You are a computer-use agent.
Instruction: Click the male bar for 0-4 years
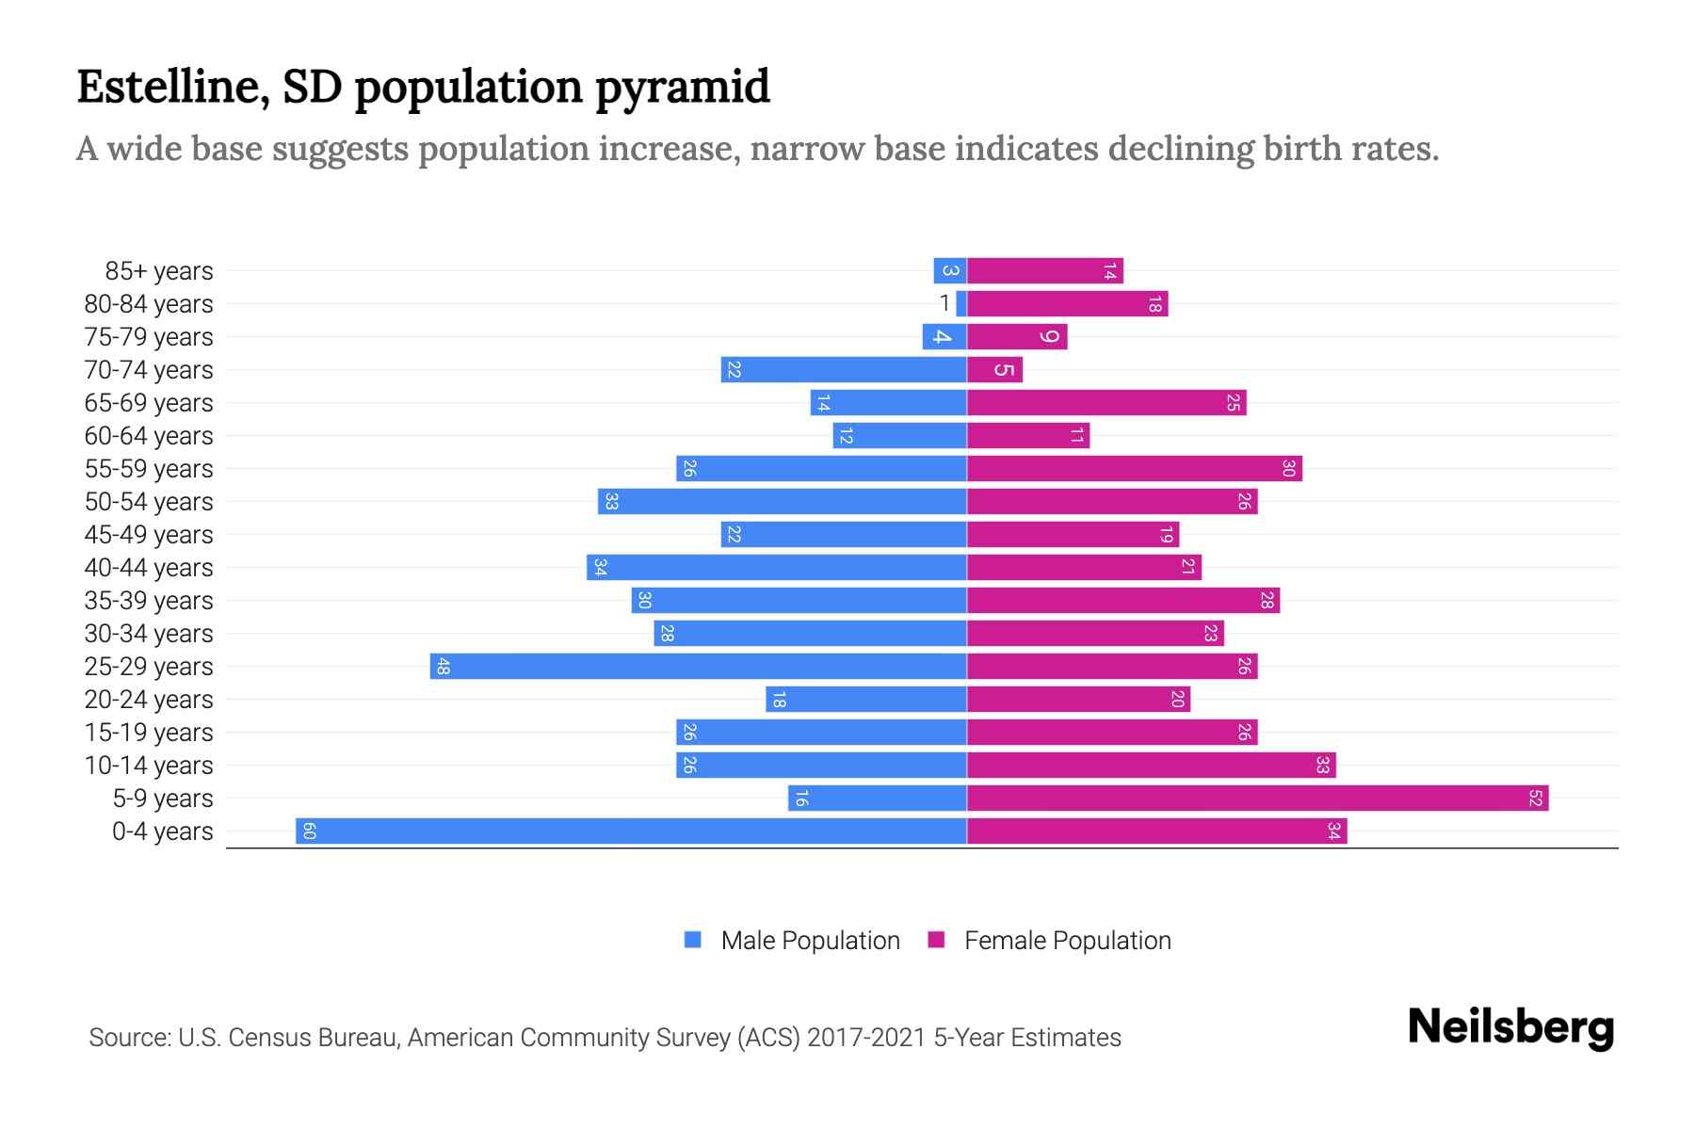(x=631, y=831)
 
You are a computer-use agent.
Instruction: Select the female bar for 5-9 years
(x=1257, y=799)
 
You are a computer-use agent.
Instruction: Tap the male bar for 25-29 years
(x=699, y=667)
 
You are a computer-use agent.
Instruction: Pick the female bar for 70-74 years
(x=994, y=370)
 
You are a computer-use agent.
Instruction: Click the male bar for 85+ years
(x=950, y=271)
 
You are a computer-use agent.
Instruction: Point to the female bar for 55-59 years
(x=1135, y=469)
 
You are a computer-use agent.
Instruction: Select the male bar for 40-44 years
(x=777, y=568)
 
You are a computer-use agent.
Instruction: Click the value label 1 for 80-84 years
(x=944, y=303)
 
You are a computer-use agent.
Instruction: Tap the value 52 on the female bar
(x=1536, y=799)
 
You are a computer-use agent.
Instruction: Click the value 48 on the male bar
(x=443, y=667)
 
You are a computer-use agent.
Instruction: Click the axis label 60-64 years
(x=149, y=436)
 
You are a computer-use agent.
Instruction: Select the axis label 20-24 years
(x=149, y=700)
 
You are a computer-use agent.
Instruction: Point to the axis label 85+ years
(x=159, y=271)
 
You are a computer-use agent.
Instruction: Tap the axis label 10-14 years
(x=149, y=766)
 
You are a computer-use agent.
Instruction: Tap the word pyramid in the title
(x=683, y=87)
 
